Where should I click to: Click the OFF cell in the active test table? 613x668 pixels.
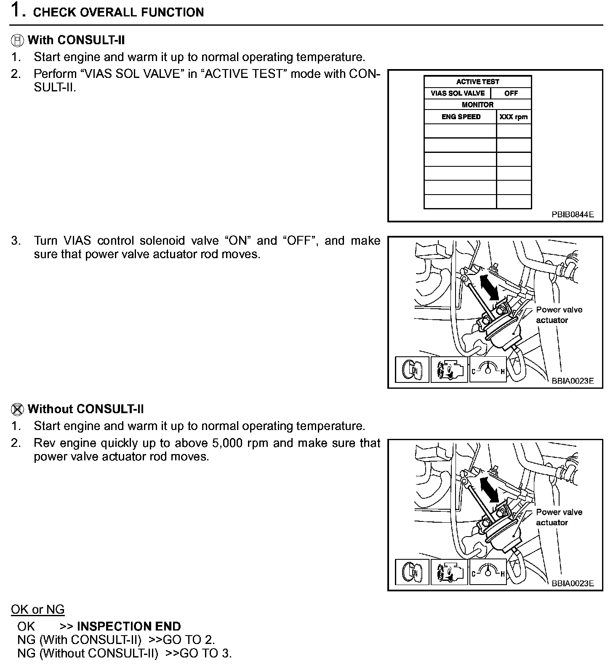(x=511, y=93)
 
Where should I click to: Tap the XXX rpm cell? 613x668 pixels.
(x=513, y=117)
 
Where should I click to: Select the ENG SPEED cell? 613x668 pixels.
(x=461, y=117)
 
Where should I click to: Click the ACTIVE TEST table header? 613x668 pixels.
(x=477, y=82)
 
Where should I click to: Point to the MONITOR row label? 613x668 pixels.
(x=477, y=104)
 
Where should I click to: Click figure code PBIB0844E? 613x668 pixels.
(x=573, y=214)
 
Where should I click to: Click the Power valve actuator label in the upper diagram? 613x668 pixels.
(x=559, y=315)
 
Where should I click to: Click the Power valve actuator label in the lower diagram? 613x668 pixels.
(x=559, y=517)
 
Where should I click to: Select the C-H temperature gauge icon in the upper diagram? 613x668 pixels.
(x=488, y=369)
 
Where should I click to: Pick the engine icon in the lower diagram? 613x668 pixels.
(x=449, y=572)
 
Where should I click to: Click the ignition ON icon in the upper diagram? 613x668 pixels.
(x=412, y=370)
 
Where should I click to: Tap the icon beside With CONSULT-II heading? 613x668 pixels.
(x=17, y=40)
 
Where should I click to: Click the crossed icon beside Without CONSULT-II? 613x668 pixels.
(x=17, y=409)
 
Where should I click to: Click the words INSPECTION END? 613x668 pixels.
(x=129, y=626)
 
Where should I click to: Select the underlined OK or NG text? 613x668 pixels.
(x=37, y=609)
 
